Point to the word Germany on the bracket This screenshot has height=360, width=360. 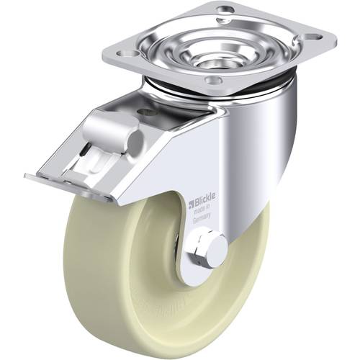point(203,222)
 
